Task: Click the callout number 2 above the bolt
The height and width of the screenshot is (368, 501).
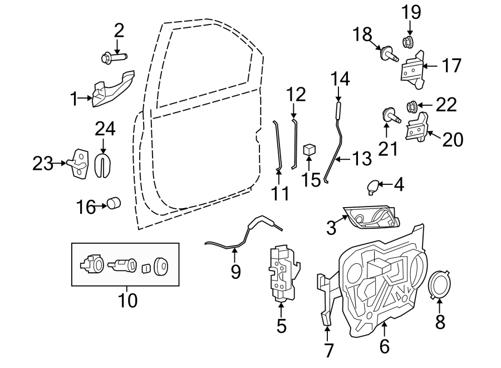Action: [118, 30]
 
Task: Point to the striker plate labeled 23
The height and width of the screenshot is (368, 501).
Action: [78, 164]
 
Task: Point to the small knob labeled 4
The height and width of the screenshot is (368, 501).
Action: [372, 186]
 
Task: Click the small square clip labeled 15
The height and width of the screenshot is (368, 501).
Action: [310, 149]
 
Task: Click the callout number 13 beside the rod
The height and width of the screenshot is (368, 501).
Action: [361, 160]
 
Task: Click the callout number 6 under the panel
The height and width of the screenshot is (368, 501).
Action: [384, 346]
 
